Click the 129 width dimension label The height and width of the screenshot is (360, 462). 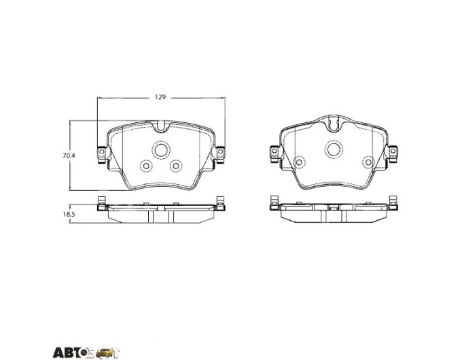pyautogui.click(x=160, y=97)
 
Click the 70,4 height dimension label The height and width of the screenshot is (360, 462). pyautogui.click(x=69, y=156)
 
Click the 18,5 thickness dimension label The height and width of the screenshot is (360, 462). pyautogui.click(x=69, y=214)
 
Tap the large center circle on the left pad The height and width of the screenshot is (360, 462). pyautogui.click(x=161, y=150)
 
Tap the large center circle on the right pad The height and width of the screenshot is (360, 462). pyautogui.click(x=334, y=149)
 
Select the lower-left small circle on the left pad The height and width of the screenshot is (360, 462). pyautogui.click(x=146, y=166)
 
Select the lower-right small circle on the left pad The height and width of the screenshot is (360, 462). pyautogui.click(x=176, y=166)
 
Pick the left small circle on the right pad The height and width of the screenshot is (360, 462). pyautogui.click(x=299, y=162)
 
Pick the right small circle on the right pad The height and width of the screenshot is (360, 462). pyautogui.click(x=368, y=162)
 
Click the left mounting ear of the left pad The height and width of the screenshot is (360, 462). pyautogui.click(x=102, y=154)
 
